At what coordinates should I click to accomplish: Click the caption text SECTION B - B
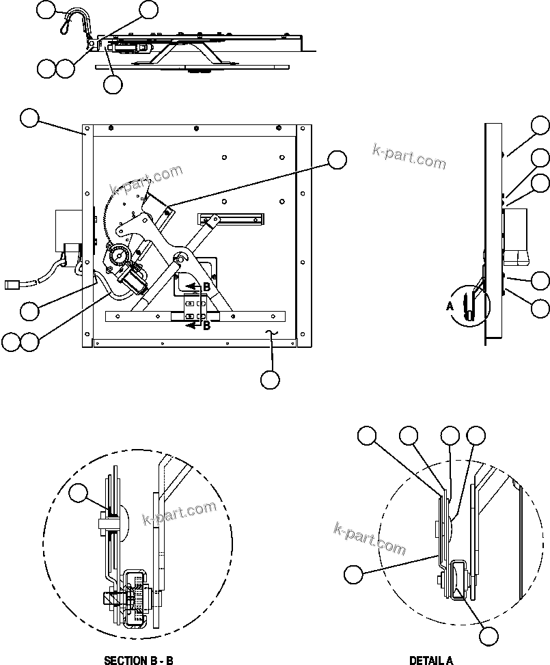pos(138,660)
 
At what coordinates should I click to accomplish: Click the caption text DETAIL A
pos(430,660)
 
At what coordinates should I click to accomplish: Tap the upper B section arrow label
pos(206,287)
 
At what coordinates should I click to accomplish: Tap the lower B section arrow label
pos(206,326)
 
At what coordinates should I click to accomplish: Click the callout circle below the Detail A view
pos(488,636)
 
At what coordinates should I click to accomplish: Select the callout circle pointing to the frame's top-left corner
pos(29,118)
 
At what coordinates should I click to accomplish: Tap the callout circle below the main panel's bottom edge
pos(271,379)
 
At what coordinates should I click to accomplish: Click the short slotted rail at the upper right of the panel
pos(231,219)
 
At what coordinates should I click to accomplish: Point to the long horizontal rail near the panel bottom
pos(195,316)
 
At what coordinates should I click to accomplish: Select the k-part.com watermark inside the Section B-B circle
pos(179,514)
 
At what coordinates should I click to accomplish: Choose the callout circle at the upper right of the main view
pos(337,160)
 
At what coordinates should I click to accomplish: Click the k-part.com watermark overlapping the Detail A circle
pos(370,539)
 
